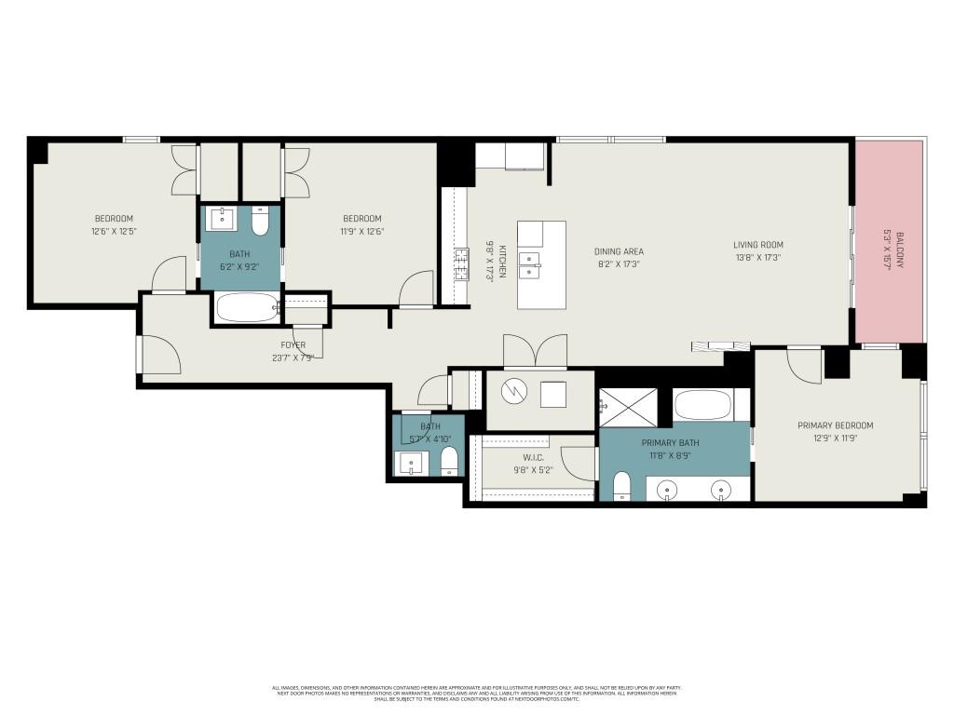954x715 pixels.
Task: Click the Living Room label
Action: click(x=757, y=245)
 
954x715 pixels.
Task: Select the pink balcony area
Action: click(x=890, y=242)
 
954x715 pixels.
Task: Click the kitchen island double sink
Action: click(x=529, y=265)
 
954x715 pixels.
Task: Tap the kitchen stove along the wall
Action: click(x=459, y=264)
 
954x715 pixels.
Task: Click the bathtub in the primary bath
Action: click(x=702, y=406)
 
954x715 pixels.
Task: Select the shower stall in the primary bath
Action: click(x=628, y=406)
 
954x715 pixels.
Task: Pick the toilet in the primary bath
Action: click(x=621, y=485)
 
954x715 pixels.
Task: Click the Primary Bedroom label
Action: click(x=835, y=425)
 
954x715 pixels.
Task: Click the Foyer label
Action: click(x=293, y=345)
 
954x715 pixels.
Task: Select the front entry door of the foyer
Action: click(x=159, y=355)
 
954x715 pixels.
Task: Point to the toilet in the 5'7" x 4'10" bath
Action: click(x=449, y=461)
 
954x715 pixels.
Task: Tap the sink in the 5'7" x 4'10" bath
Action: click(x=410, y=463)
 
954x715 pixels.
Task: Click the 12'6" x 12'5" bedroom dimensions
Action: click(x=113, y=231)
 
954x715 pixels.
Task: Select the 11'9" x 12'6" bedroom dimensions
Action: click(x=361, y=232)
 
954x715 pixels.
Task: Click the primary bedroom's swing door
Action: click(x=803, y=364)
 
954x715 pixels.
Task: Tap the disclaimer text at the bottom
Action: click(x=476, y=693)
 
